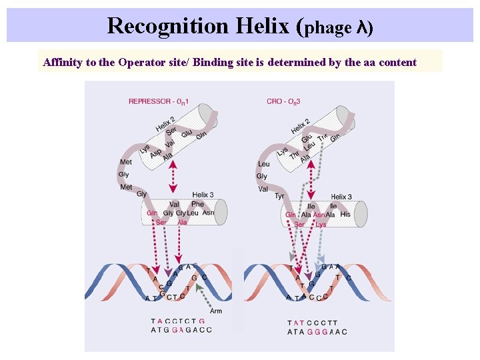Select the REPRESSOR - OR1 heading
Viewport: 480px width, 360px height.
159,101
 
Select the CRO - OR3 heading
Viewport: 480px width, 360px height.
283,101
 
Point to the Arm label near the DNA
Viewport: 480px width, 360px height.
215,311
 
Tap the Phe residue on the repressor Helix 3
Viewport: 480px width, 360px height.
197,205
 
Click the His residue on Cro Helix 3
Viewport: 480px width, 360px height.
345,215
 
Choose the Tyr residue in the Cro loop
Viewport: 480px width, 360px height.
279,196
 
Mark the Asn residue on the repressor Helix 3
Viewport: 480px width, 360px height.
208,213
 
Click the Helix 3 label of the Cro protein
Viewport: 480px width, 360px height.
341,197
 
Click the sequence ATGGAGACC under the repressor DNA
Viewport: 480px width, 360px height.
181,330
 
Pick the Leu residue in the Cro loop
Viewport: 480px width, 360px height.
263,164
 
